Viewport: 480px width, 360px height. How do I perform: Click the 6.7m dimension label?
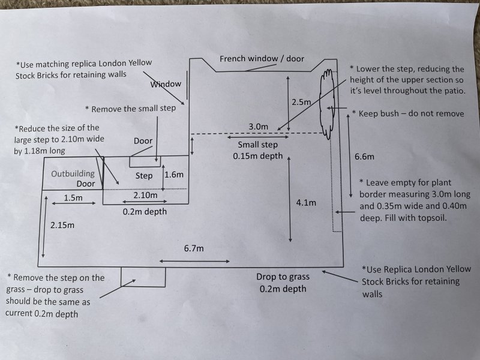[193, 248]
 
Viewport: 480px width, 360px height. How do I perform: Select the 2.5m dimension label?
[301, 103]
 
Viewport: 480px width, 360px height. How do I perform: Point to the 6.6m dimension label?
[364, 157]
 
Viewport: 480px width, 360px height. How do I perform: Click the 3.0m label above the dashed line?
[259, 127]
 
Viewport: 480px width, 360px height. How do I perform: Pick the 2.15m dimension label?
[62, 225]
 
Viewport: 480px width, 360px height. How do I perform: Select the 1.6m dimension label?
[173, 175]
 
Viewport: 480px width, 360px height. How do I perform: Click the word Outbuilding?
[73, 173]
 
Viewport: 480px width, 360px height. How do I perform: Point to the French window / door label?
[262, 59]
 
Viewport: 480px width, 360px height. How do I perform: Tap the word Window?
[166, 84]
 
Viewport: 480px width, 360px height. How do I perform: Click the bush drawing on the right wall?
[327, 102]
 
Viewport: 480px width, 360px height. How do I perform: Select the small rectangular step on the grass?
[143, 277]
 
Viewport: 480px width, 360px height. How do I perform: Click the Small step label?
[257, 145]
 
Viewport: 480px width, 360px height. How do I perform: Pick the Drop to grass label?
[283, 277]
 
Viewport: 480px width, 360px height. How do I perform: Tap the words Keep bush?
[379, 113]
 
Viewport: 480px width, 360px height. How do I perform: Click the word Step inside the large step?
[144, 176]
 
